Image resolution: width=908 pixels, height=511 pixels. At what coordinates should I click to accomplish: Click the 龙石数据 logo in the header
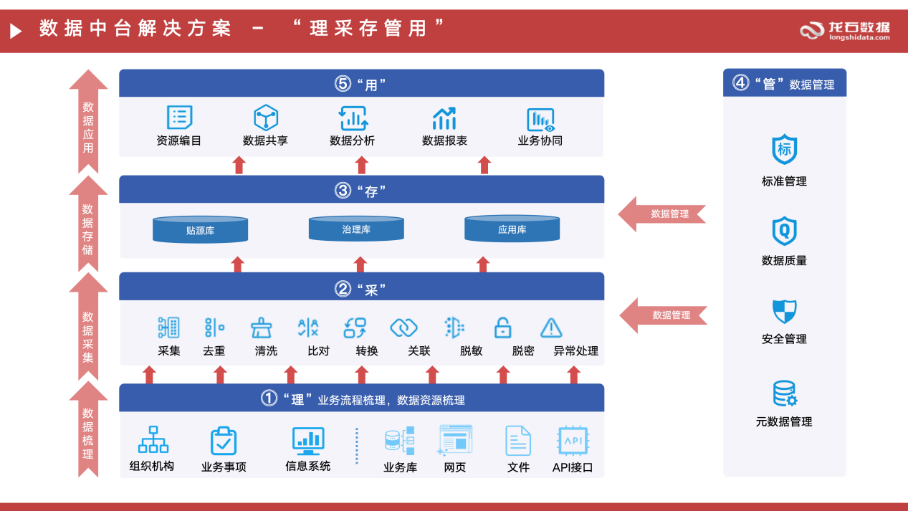846,30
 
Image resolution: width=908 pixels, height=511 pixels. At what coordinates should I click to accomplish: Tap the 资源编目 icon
179,118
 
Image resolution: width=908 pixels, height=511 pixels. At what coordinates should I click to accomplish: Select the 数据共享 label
265,141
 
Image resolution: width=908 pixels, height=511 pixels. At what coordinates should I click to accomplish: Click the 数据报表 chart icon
444,118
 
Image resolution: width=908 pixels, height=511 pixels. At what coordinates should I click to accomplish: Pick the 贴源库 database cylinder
200,229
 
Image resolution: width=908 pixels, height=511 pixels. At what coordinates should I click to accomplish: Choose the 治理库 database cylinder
356,229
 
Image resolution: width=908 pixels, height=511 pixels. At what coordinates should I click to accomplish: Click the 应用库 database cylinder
512,229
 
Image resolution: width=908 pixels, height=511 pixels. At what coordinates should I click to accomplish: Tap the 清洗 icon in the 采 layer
261,328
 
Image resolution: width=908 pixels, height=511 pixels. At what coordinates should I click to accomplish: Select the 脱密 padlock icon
502,328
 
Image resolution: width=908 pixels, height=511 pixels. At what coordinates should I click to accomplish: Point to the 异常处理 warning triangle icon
550,328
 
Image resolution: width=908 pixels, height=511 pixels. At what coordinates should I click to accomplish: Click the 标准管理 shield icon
784,149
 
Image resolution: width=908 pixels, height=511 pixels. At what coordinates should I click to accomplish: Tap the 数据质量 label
784,261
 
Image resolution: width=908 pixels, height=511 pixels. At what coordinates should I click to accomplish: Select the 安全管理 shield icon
784,312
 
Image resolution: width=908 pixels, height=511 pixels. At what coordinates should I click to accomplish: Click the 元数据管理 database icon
784,393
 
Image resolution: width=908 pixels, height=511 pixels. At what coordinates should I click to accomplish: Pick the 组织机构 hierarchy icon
153,440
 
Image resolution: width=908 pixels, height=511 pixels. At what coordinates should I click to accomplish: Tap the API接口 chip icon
573,441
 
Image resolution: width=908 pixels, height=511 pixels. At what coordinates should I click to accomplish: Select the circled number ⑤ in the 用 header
343,84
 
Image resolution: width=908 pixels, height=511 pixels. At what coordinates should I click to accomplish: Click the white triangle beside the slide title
16,30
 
